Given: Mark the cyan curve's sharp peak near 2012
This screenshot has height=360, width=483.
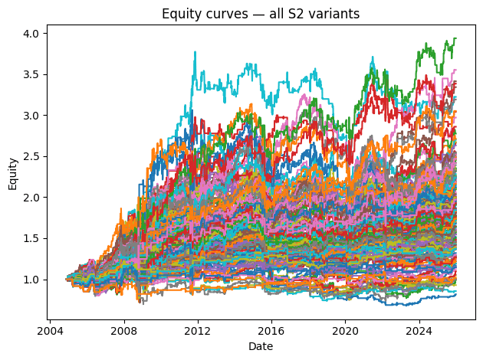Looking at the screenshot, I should click(x=195, y=52).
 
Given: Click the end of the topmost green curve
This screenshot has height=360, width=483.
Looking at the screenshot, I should click(x=455, y=38).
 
